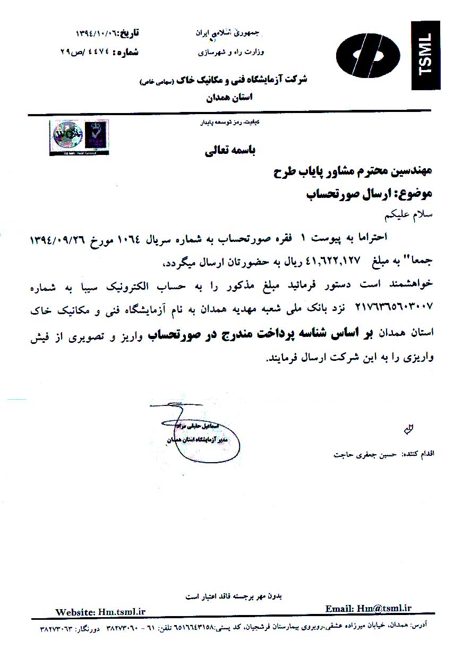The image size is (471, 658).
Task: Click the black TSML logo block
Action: click(x=426, y=55)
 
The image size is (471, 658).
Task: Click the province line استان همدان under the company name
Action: click(x=229, y=97)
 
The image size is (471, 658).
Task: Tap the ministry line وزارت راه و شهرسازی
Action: click(x=231, y=53)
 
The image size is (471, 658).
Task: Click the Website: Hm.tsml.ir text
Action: click(x=100, y=612)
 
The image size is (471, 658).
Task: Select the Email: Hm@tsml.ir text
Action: click(x=369, y=609)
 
